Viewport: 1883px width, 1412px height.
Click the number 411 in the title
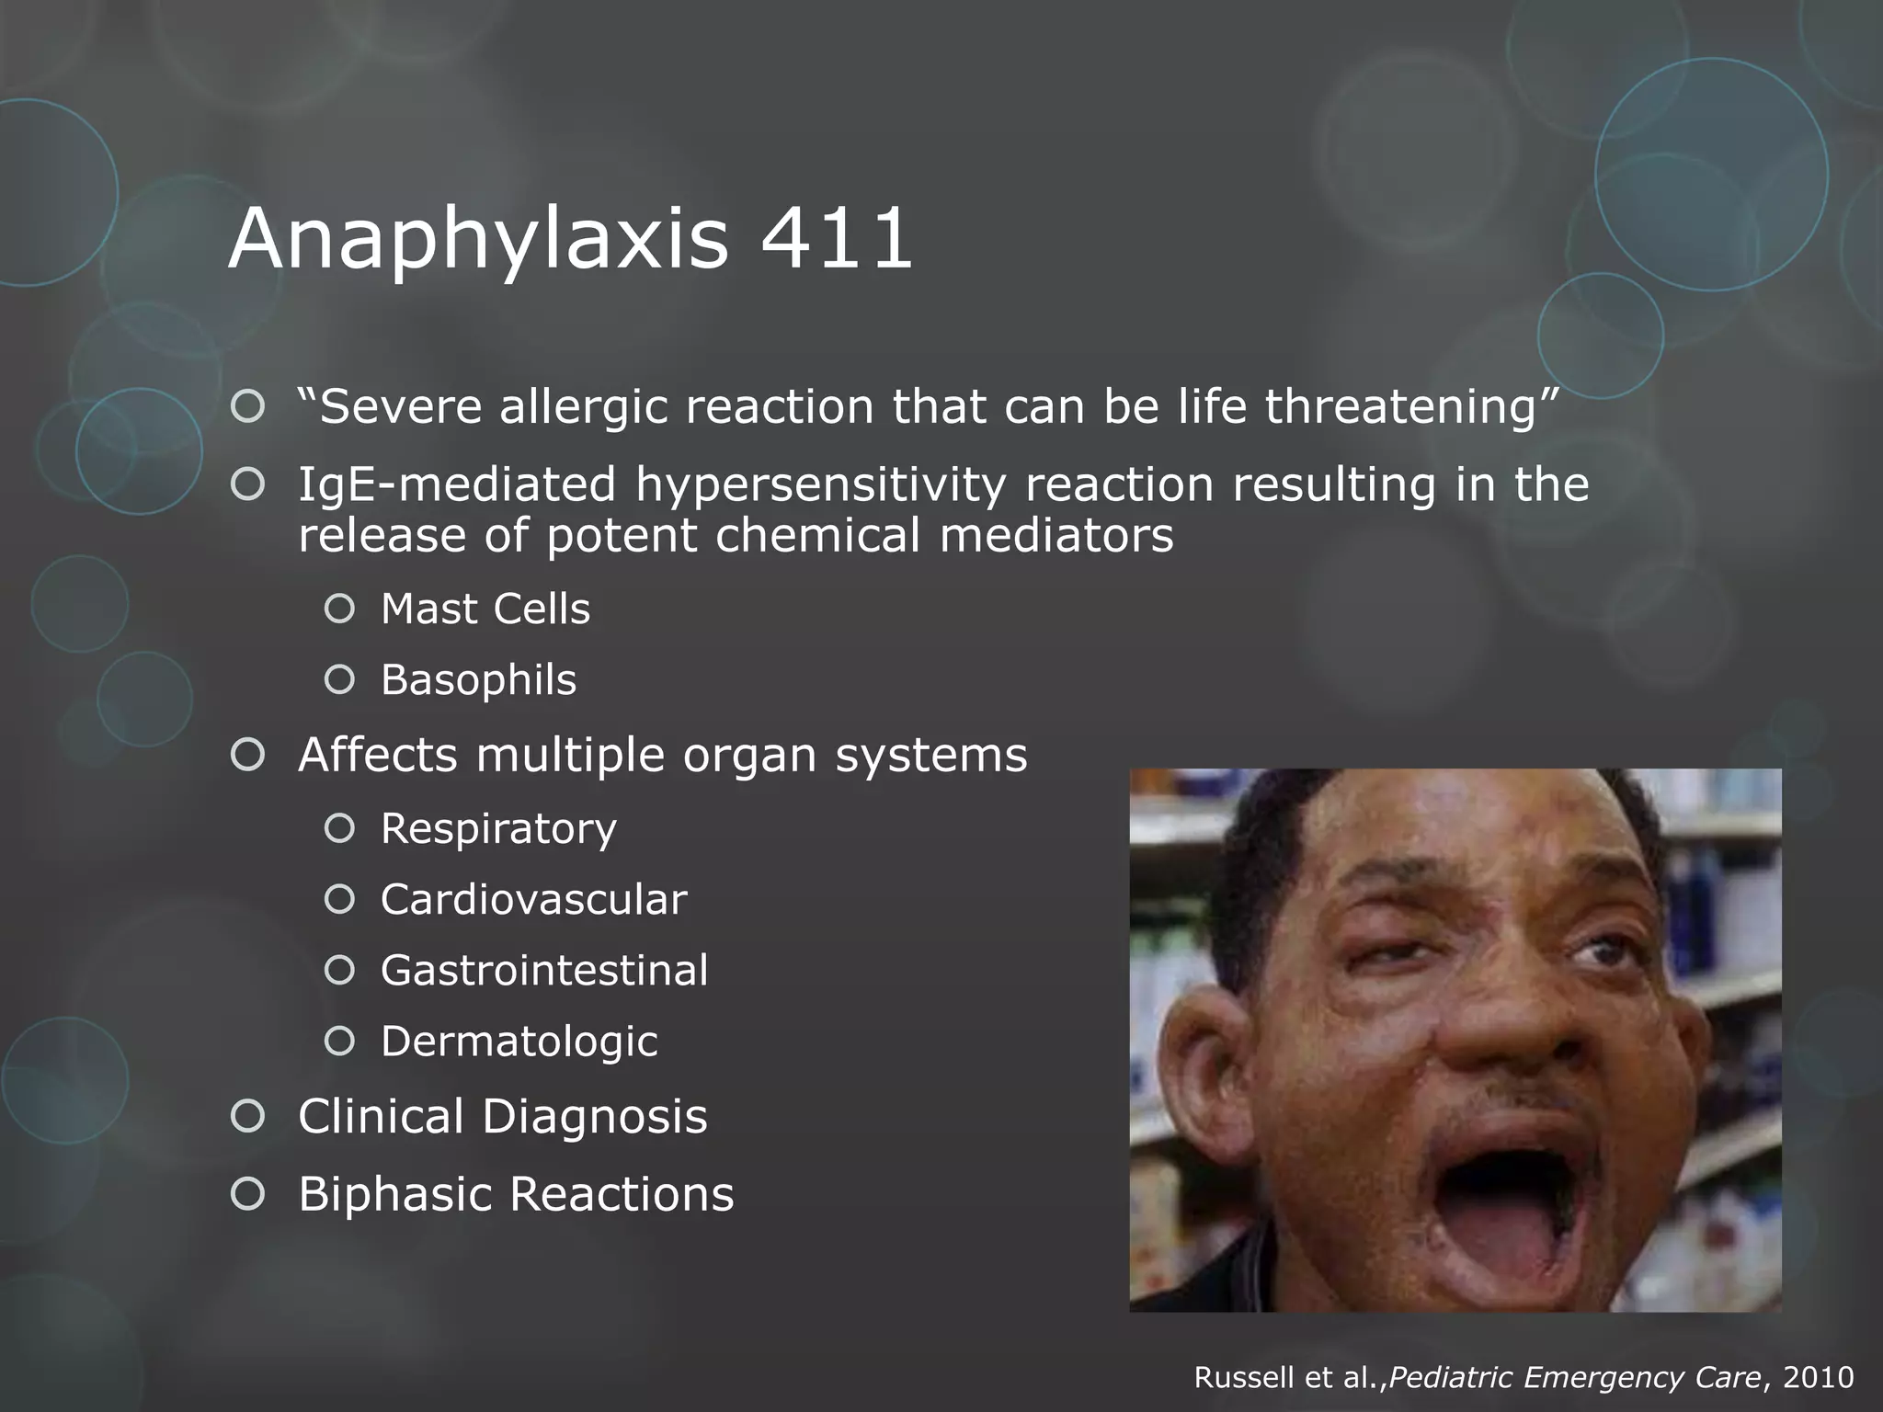tap(837, 239)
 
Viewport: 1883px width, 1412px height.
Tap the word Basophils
tap(478, 680)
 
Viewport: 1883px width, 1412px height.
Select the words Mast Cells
tap(485, 609)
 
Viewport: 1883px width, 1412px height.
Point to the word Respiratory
tap(498, 829)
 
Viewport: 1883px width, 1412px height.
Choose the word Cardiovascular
tap(533, 900)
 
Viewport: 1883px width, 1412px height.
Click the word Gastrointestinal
tap(544, 971)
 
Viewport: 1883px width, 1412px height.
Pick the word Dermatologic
tap(519, 1042)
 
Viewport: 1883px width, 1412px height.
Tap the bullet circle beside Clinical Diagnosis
tap(248, 1117)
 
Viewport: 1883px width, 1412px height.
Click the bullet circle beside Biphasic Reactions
tap(248, 1194)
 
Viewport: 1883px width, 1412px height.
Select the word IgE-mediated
tap(457, 484)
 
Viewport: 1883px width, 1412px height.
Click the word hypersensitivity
tap(820, 484)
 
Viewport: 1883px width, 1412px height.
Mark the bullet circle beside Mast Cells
tap(339, 609)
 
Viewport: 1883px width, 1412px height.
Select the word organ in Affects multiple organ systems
tap(749, 756)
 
